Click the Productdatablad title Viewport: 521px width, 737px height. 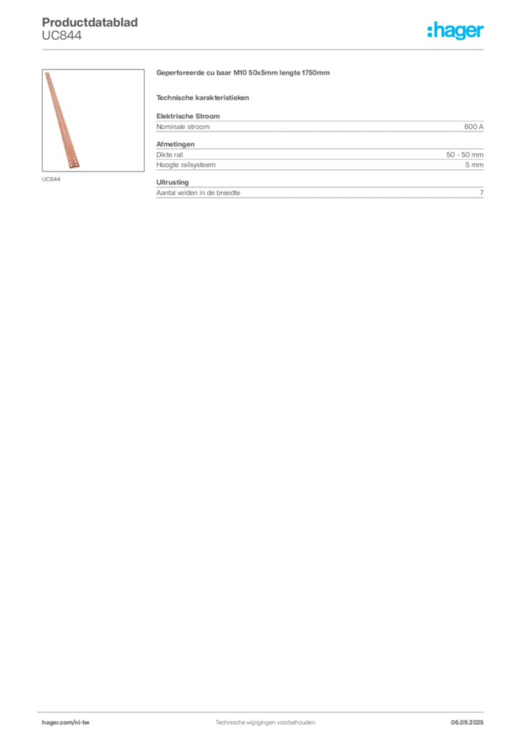pyautogui.click(x=90, y=22)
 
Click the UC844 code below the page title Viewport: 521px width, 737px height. pyautogui.click(x=62, y=36)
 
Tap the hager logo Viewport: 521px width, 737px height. pyautogui.click(x=456, y=30)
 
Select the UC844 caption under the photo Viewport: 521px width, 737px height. pyautogui.click(x=51, y=179)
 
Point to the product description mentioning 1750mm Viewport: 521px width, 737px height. pyautogui.click(x=243, y=73)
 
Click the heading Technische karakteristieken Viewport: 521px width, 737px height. pyautogui.click(x=202, y=98)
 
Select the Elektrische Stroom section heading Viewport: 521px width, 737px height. pyautogui.click(x=188, y=116)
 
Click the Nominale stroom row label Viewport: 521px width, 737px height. pyautogui.click(x=183, y=127)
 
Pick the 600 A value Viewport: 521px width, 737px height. pyautogui.click(x=474, y=127)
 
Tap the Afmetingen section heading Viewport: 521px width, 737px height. pyautogui.click(x=176, y=144)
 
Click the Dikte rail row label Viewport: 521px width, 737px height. pyautogui.click(x=170, y=155)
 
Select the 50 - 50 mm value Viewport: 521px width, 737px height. pyautogui.click(x=465, y=155)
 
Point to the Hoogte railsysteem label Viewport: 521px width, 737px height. pyautogui.click(x=186, y=165)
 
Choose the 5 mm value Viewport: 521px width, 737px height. pyautogui.click(x=474, y=165)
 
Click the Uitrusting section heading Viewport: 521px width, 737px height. pyautogui.click(x=173, y=182)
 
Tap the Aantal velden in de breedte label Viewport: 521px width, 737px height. pyautogui.click(x=198, y=193)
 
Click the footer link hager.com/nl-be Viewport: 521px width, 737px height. pyautogui.click(x=65, y=723)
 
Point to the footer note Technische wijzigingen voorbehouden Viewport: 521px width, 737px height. pyautogui.click(x=265, y=723)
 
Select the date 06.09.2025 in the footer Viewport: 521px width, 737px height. pyautogui.click(x=467, y=723)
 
